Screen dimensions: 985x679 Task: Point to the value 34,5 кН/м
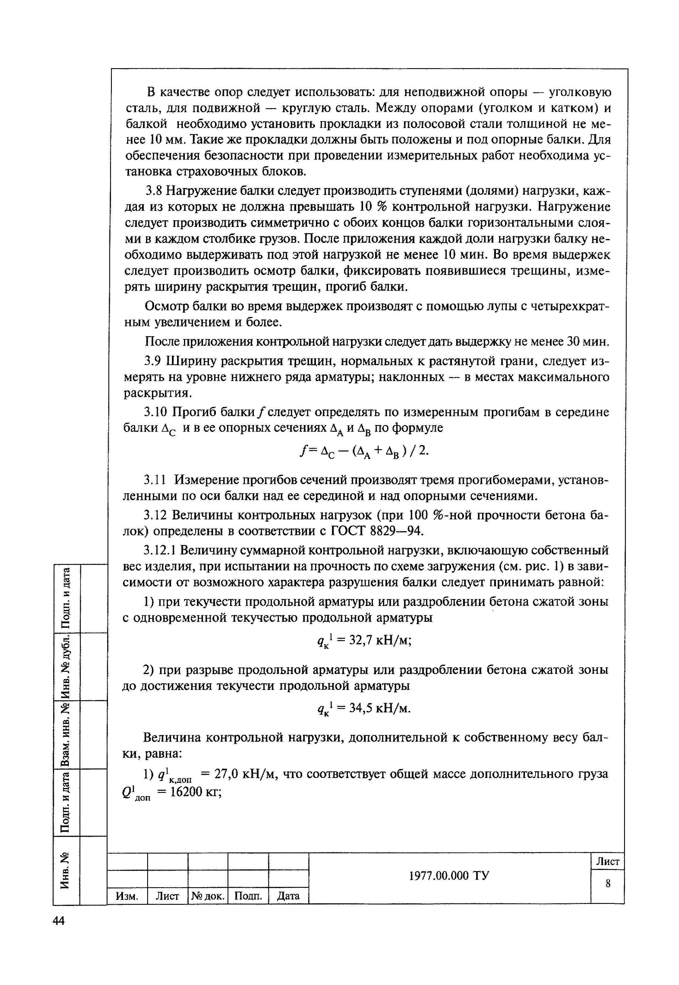380,709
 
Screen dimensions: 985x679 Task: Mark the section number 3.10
157,412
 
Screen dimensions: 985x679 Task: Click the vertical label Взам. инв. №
66,736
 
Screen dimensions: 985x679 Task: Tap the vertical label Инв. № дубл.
66,667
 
